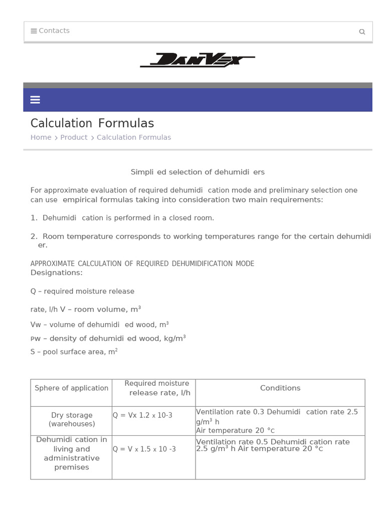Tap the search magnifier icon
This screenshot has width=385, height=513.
(362, 32)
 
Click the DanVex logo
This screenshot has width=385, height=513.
(198, 60)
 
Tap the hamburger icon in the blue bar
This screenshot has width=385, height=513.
(35, 100)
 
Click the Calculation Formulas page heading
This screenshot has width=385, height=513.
(92, 123)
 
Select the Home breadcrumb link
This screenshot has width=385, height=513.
(41, 137)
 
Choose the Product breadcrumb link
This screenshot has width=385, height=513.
(74, 137)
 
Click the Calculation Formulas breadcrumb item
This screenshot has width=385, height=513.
(133, 137)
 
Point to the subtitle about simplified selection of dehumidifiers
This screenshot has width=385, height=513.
(198, 172)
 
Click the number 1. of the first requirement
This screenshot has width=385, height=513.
(34, 218)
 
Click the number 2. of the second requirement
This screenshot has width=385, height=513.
(34, 236)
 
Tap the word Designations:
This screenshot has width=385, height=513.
(56, 273)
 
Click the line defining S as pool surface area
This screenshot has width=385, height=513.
(74, 352)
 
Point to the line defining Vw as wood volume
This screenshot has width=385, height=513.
(99, 325)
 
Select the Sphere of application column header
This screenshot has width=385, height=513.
(71, 388)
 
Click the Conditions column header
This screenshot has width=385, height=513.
(280, 388)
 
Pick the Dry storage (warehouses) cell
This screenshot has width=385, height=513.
(72, 419)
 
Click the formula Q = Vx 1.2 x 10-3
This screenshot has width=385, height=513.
(142, 416)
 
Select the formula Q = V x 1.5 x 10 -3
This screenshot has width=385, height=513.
(144, 449)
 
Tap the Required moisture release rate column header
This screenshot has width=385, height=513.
(157, 388)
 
